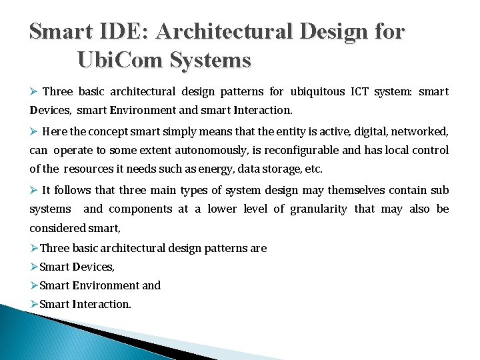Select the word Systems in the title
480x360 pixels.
tap(210, 61)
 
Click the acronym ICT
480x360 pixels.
tap(360, 91)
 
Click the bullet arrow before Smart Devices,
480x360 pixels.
tap(34, 267)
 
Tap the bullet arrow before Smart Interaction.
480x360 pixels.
tap(34, 304)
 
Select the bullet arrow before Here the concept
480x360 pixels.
tap(34, 131)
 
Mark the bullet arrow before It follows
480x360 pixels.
tap(34, 191)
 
